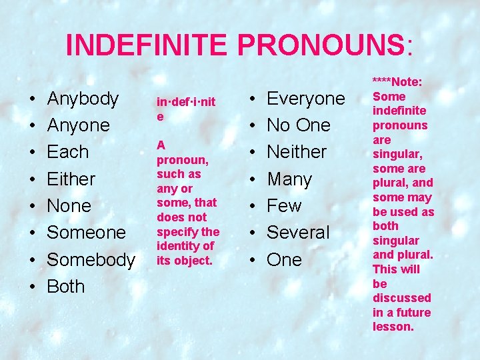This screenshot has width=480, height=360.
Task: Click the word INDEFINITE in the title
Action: pyautogui.click(x=148, y=45)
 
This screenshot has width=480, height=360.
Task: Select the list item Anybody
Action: pyautogui.click(x=83, y=99)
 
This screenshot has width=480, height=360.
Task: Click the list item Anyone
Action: pyautogui.click(x=78, y=125)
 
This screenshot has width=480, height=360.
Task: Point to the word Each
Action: pyautogui.click(x=67, y=152)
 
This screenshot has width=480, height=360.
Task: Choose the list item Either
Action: pyautogui.click(x=71, y=179)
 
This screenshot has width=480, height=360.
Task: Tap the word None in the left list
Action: pyautogui.click(x=69, y=206)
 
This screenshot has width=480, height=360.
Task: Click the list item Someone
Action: pyautogui.click(x=86, y=233)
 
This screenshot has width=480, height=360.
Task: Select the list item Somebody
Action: pyautogui.click(x=91, y=259)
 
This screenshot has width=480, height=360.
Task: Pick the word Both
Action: pyautogui.click(x=66, y=287)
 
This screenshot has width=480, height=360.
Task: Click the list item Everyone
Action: pyautogui.click(x=306, y=99)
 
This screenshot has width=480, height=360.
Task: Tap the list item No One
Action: pyautogui.click(x=299, y=125)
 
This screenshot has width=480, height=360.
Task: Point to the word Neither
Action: pyautogui.click(x=297, y=152)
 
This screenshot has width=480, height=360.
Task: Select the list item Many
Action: pyautogui.click(x=289, y=179)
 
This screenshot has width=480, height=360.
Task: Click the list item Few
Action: pyautogui.click(x=284, y=206)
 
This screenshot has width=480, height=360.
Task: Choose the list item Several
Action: pyautogui.click(x=298, y=233)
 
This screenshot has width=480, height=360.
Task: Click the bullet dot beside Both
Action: pyautogui.click(x=33, y=287)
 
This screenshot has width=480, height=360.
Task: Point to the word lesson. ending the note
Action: pyautogui.click(x=393, y=327)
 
